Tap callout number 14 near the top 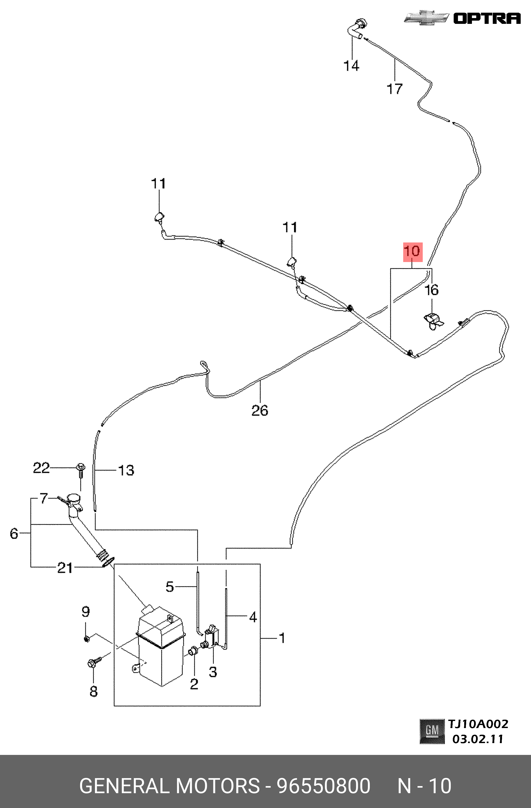coord(351,66)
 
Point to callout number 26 coord(259,411)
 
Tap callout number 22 coord(41,469)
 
